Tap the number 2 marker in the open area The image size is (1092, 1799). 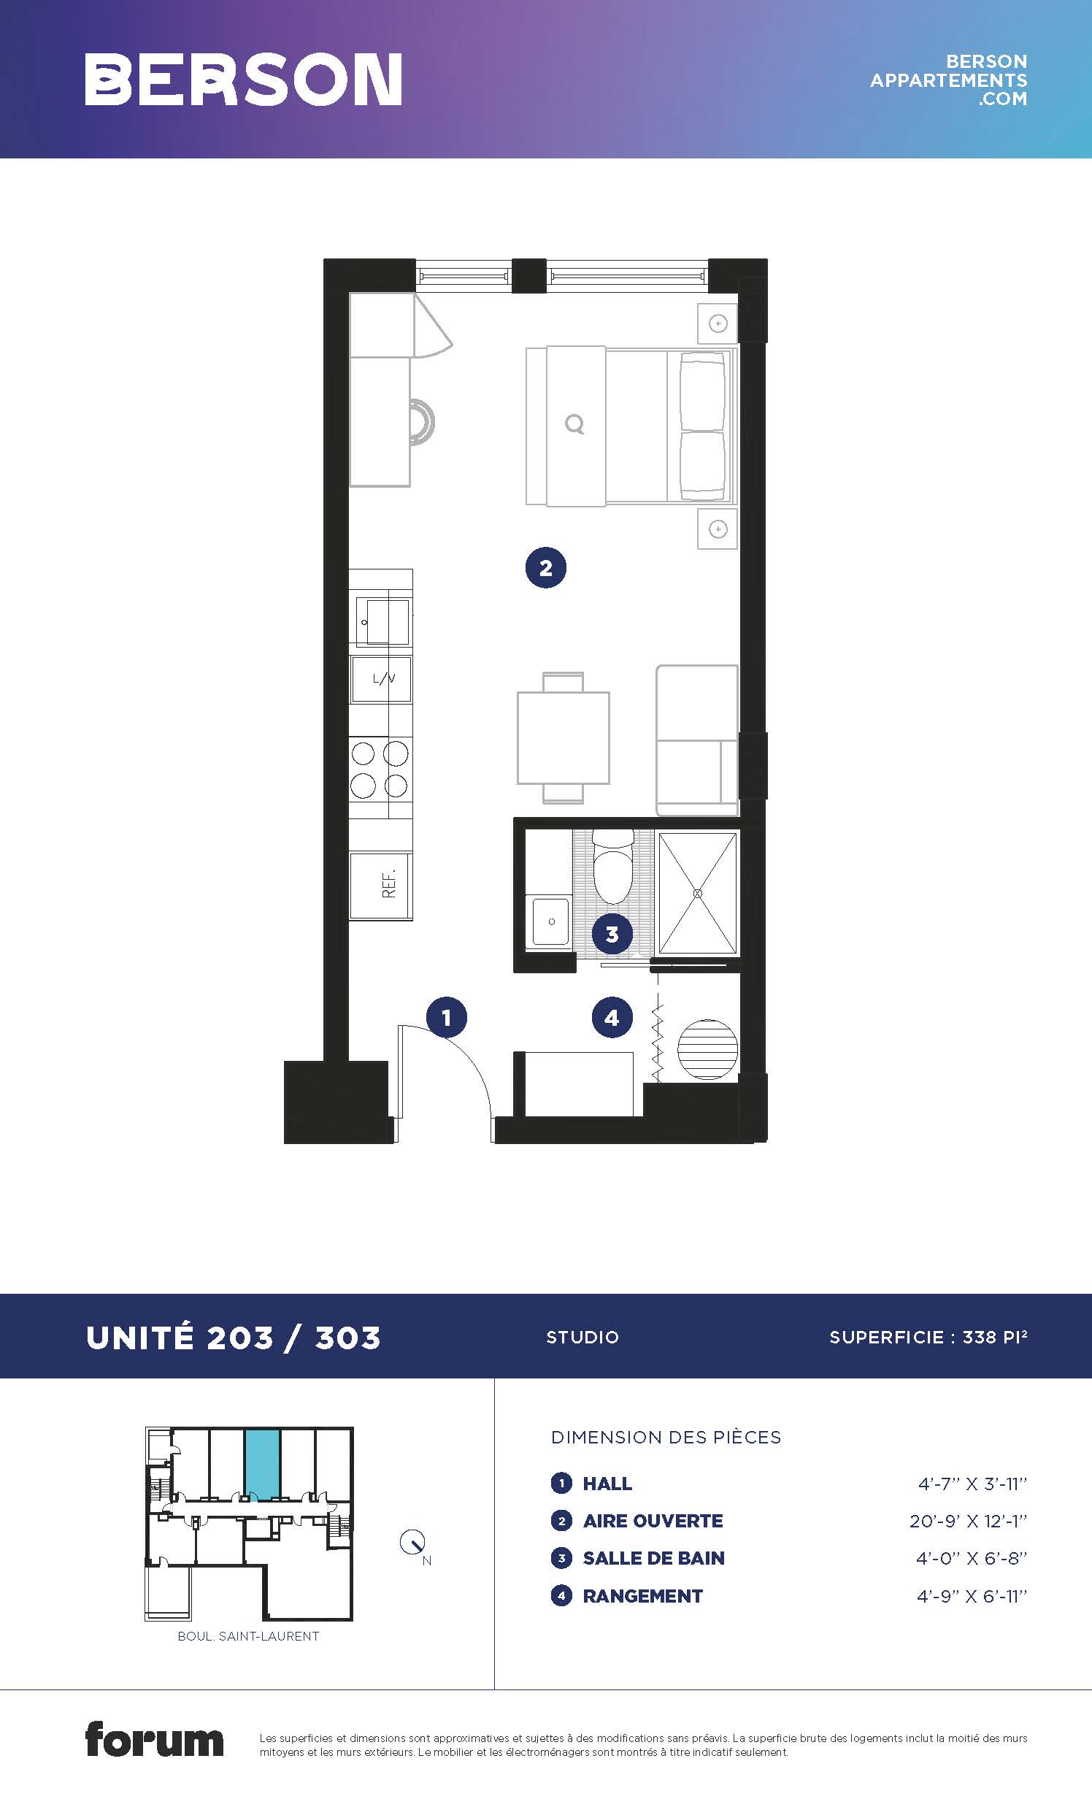[546, 568]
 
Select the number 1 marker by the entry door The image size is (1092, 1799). [447, 1017]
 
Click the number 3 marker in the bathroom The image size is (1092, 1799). [612, 934]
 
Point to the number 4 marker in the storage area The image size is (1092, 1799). [612, 1017]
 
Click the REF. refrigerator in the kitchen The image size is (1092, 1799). [381, 886]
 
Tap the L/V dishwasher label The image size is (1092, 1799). [384, 679]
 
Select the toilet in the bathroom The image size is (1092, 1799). [612, 867]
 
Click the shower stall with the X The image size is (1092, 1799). [697, 893]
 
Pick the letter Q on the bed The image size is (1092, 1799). [575, 424]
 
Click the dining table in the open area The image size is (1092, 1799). [564, 737]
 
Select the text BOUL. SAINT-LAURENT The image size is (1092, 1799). [248, 1636]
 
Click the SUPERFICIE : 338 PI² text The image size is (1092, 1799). [928, 1337]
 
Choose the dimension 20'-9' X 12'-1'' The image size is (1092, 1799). [969, 1521]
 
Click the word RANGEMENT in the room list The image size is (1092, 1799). [643, 1596]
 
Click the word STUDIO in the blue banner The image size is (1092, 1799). [582, 1338]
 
